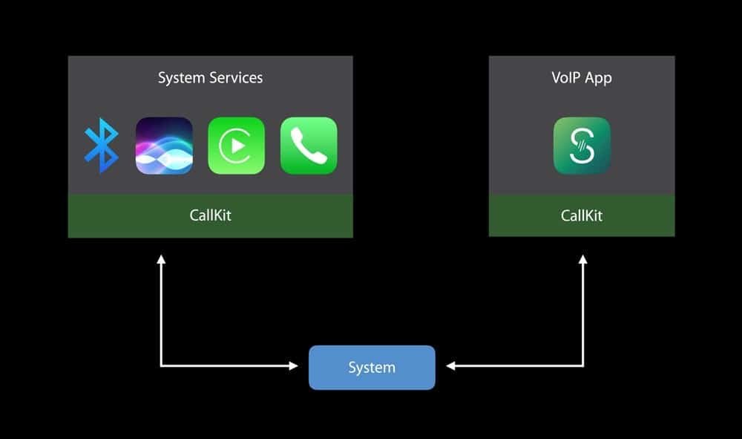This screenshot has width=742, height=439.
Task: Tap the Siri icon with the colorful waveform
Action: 164,146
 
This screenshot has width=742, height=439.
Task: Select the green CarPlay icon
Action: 236,146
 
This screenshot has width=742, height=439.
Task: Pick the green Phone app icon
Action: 309,146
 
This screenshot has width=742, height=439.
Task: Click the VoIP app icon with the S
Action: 582,146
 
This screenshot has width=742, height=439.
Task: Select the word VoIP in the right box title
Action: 566,77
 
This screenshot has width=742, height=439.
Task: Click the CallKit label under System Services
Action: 210,215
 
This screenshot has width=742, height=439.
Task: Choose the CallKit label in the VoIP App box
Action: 582,215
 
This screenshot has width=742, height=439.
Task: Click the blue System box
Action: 372,367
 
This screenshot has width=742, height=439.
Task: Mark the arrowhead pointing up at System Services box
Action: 161,259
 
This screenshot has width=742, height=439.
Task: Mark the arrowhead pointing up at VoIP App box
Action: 583,259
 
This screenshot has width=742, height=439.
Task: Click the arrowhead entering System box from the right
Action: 451,365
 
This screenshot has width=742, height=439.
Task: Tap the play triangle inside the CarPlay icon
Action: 237,146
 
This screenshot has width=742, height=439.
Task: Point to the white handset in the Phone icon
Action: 309,146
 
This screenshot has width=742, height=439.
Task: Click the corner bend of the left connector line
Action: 161,365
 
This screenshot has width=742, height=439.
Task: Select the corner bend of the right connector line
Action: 583,365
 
